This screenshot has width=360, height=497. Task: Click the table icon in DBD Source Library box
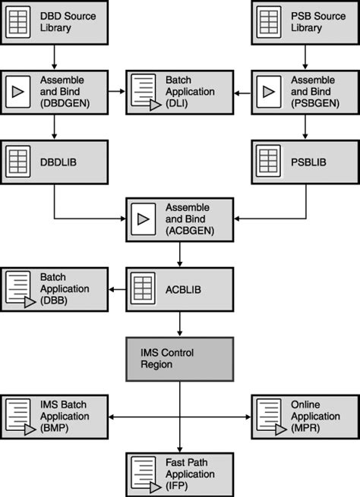(18, 22)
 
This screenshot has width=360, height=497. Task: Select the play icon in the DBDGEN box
(18, 92)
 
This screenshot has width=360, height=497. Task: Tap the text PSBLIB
(308, 162)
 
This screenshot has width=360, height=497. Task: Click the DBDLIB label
(58, 162)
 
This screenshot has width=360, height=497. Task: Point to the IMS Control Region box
(180, 359)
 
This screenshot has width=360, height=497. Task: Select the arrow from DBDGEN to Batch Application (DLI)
(117, 91)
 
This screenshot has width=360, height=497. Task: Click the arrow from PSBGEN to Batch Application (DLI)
(242, 93)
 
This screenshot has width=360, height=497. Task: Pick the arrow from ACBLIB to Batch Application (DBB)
(118, 289)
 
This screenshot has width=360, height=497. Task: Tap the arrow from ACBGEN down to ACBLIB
(180, 254)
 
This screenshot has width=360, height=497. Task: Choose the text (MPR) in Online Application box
(305, 428)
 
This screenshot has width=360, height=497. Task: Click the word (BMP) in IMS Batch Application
(55, 428)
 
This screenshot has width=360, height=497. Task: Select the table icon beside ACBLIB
(144, 289)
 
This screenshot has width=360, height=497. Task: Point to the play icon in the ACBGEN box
(144, 219)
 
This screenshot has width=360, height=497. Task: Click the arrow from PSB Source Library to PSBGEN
(305, 57)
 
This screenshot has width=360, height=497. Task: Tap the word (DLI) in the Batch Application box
(177, 103)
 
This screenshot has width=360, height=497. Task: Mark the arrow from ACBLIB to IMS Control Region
(180, 324)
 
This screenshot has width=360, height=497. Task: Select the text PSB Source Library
(318, 22)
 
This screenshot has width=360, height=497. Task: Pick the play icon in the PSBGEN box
(269, 92)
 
